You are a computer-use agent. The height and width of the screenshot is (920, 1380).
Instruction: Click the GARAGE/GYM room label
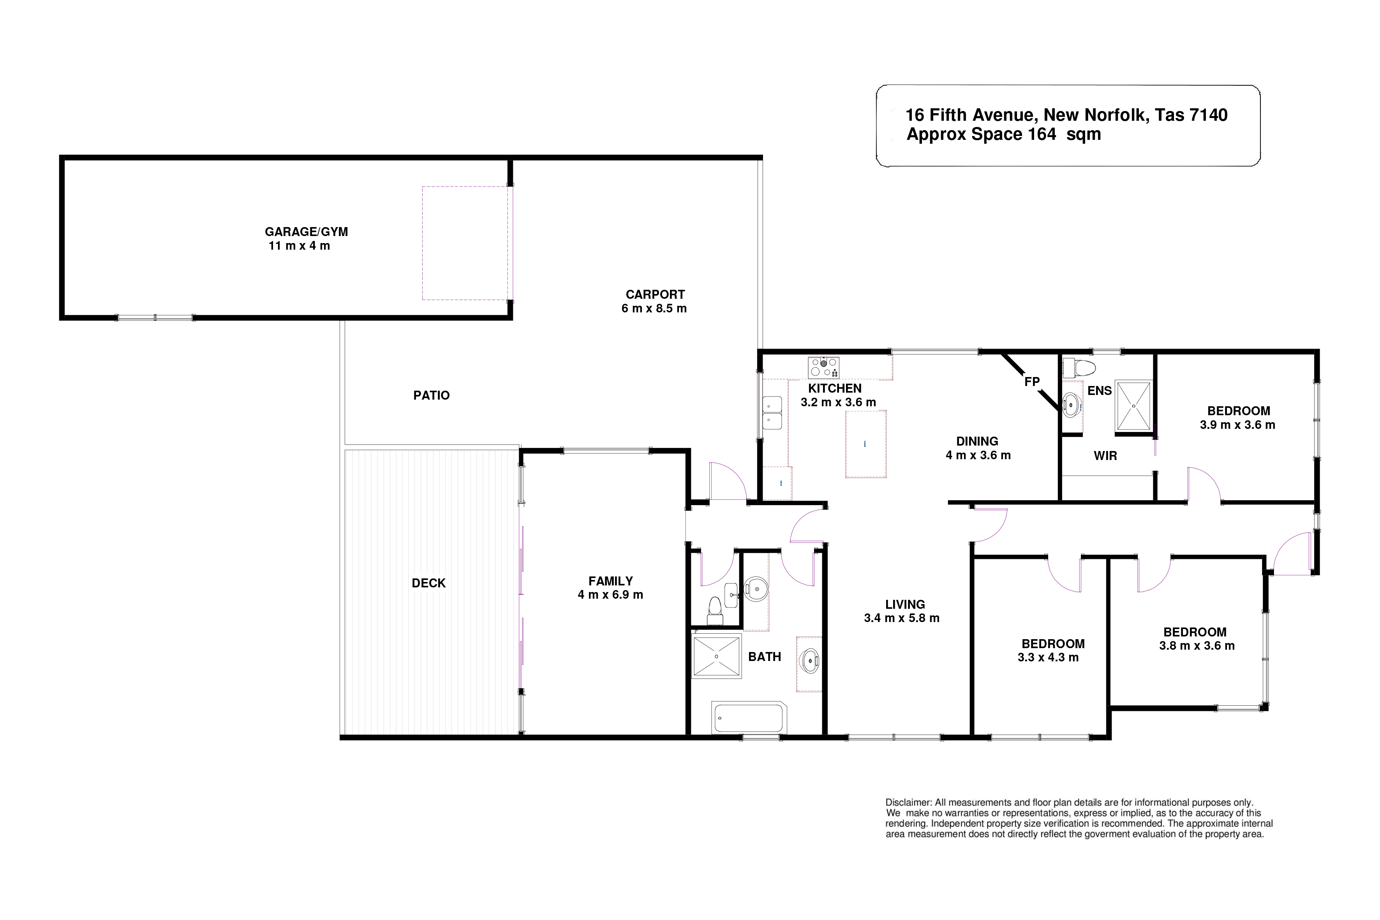[306, 232]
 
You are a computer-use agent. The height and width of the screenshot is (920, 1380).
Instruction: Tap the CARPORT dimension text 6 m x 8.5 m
[654, 308]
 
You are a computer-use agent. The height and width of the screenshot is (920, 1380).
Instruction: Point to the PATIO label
[431, 395]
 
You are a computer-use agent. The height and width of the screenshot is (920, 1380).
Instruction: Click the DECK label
[429, 583]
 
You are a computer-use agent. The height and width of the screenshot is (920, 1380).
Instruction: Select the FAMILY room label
[611, 581]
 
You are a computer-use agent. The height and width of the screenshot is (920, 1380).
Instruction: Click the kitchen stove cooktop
[824, 368]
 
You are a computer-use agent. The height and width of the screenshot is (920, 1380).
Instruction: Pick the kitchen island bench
[865, 444]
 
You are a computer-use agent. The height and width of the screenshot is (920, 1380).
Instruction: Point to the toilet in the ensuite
[1079, 368]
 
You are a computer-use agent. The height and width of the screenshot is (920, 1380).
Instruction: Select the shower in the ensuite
[1133, 405]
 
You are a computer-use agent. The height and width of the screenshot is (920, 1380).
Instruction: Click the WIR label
[1105, 456]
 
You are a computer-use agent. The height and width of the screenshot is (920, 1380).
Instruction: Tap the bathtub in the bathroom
[749, 717]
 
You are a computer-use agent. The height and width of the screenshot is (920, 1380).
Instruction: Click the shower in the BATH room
[716, 656]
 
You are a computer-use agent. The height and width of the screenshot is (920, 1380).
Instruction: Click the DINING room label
[978, 441]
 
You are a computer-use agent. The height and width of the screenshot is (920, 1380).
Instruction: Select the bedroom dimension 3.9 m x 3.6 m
[1238, 425]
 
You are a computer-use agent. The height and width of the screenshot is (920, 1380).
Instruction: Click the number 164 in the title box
[1042, 134]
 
